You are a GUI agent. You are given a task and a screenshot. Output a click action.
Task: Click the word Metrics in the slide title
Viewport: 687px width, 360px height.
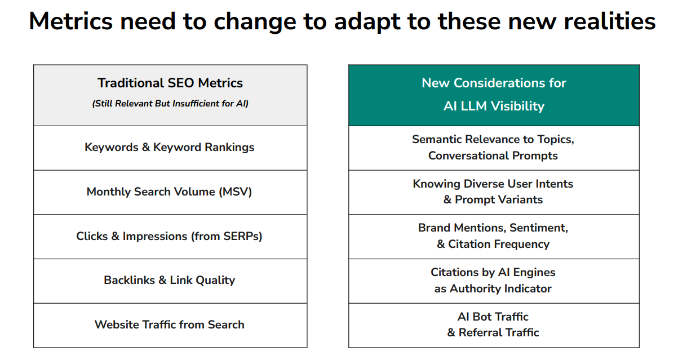[x=71, y=21]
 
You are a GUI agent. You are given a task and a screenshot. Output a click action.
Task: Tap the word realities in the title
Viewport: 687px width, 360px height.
[x=609, y=21]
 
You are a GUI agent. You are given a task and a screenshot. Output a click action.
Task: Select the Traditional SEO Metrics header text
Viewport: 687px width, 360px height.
[x=170, y=83]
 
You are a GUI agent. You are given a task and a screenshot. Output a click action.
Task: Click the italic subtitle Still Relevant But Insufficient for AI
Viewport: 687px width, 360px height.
[x=170, y=104]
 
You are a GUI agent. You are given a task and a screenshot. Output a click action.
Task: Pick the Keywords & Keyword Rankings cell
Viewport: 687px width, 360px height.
[x=170, y=148]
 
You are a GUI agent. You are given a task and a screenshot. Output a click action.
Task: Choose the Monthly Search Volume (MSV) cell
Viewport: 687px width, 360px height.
[x=170, y=192]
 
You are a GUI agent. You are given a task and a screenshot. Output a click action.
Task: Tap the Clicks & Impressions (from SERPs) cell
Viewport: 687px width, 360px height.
[x=170, y=237]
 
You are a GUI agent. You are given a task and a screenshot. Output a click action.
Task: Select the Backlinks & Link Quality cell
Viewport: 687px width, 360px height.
[x=170, y=281]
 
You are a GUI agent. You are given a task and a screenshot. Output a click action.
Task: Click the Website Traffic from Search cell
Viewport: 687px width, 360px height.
[x=170, y=325]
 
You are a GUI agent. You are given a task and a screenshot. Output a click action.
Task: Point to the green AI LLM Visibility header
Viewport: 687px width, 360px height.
[x=494, y=95]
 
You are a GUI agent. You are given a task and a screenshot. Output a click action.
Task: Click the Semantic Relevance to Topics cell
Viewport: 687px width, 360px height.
[x=494, y=148]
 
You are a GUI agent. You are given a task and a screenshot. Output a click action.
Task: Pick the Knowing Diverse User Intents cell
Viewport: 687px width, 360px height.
[x=494, y=192]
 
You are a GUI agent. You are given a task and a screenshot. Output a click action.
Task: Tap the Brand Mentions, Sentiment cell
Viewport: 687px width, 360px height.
[x=494, y=237]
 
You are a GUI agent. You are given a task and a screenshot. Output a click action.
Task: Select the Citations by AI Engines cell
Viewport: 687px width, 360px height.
[x=494, y=281]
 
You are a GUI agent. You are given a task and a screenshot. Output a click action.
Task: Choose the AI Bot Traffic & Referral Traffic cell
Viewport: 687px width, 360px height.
[x=494, y=325]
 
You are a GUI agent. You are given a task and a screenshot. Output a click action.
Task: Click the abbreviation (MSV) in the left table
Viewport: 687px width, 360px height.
[x=235, y=192]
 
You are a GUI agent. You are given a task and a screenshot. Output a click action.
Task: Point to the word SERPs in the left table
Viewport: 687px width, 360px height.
[x=241, y=236]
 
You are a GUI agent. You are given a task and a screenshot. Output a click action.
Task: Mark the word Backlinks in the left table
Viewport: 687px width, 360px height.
[x=129, y=280]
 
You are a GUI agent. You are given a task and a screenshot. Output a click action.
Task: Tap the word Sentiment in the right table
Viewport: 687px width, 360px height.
[x=539, y=228]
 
